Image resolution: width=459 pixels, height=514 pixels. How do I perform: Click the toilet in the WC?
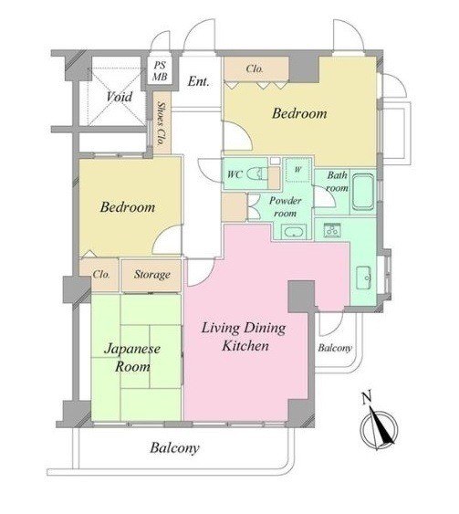coord(257,173)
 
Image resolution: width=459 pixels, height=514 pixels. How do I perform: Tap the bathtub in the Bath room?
coord(362,192)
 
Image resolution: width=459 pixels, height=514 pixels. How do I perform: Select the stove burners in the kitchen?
coord(332,230)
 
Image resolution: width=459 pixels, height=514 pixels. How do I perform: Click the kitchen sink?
coord(364,278)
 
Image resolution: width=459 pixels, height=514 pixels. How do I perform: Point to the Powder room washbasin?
coord(294,232)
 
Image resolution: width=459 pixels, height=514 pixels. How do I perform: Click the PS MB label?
coord(160,71)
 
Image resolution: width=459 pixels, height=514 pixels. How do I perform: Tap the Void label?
coord(120,97)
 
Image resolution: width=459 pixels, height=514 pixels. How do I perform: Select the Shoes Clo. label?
coord(161,123)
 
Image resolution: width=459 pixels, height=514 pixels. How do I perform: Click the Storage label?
coord(152,275)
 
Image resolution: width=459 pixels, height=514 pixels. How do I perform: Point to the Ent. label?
coord(198,81)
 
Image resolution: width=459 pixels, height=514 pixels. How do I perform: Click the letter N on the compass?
coord(367,397)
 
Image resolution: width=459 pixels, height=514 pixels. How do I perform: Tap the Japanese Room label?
coord(132,357)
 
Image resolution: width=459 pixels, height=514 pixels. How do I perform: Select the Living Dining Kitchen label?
coord(244,337)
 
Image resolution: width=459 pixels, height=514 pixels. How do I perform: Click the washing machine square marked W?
coord(297,170)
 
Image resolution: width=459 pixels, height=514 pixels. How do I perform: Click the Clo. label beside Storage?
coord(101,274)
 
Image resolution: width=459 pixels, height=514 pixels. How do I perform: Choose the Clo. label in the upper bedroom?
coord(255,68)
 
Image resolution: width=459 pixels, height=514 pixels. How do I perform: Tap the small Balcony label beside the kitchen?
coord(335,348)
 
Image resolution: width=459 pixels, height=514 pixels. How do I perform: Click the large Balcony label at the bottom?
coord(174,447)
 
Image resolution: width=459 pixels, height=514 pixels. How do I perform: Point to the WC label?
coord(235,174)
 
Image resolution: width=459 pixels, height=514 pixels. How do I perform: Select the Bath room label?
coord(337,182)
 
